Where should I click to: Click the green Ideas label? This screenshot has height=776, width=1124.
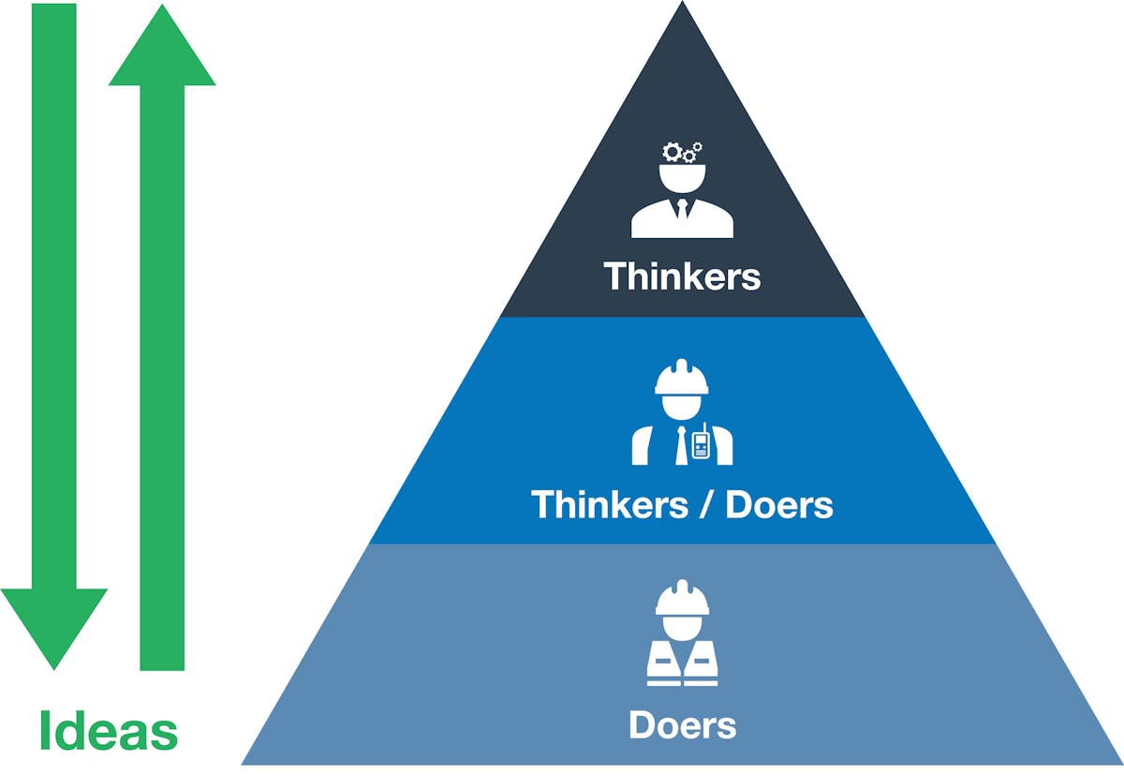[108, 731]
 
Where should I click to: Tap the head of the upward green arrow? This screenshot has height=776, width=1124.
[162, 47]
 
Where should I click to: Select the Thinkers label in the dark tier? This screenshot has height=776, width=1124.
[682, 276]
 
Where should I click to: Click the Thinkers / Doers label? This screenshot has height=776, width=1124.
[682, 505]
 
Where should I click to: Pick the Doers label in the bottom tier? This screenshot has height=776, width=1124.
[682, 724]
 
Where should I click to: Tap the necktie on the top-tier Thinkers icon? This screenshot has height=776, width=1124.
[682, 208]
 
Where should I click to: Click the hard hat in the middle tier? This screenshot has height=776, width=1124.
[682, 377]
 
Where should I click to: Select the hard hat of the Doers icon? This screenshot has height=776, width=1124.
[682, 598]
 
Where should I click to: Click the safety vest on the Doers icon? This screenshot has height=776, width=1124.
[682, 661]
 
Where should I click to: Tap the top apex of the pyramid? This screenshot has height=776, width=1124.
[682, 6]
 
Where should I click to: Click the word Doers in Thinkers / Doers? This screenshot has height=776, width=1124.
[779, 505]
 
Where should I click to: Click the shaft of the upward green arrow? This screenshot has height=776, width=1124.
[162, 375]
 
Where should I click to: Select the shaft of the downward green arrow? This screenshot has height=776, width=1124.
[54, 281]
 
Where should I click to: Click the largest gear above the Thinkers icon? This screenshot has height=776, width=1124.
[672, 151]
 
